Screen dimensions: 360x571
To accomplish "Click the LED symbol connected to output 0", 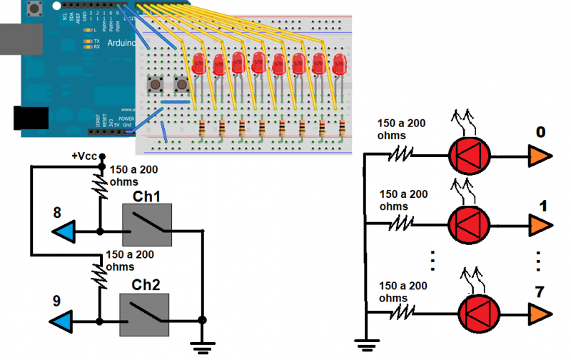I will (470, 154).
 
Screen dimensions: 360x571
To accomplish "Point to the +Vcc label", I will (84, 156).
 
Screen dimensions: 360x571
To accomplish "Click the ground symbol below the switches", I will (203, 347).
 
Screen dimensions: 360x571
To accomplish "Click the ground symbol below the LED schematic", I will (365, 347).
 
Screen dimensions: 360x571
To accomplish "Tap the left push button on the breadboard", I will (154, 86).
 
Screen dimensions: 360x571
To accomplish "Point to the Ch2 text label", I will (146, 284).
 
